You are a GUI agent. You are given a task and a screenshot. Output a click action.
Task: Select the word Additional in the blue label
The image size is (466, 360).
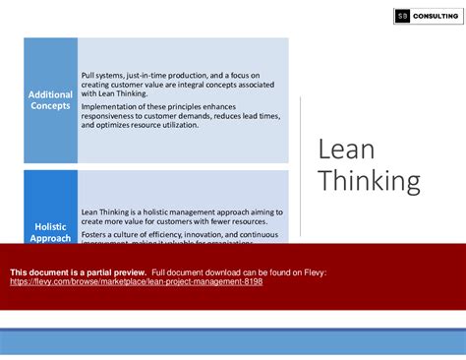50,94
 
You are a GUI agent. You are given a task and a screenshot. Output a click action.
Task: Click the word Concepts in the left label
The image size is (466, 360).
50,105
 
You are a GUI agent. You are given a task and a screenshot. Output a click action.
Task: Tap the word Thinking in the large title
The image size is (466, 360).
369,182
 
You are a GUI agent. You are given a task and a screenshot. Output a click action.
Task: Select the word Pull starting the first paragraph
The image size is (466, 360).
88,75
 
